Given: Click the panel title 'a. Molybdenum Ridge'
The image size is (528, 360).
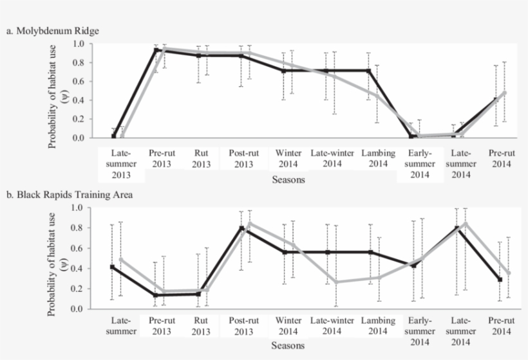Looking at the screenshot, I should pos(53,30).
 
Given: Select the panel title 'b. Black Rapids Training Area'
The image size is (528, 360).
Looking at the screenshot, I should pos(70,194).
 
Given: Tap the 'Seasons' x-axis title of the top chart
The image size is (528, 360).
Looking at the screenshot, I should pos(288,180).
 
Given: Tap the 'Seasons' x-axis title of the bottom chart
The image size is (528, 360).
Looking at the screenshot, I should pos(288,345).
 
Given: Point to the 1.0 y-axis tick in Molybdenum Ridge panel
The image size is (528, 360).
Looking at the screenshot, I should pos(78,44).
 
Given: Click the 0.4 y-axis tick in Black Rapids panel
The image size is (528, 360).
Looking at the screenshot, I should pos(78,269).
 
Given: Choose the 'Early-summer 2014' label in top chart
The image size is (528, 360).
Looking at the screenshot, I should pos(419,164).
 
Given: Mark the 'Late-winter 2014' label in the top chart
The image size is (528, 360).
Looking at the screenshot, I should pos(330,159).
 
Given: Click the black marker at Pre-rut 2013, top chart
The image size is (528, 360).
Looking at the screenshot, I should pos(156,50).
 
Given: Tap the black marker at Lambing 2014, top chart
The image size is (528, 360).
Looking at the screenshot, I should pos(369,71).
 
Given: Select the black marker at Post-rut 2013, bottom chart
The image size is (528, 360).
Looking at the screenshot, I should pos(241,228).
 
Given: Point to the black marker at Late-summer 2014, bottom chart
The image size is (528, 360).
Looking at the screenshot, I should pos(456,228).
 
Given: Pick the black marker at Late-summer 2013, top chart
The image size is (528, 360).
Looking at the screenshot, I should pos(113,136).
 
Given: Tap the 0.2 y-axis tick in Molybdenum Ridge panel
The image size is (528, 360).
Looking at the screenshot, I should pos(78,119).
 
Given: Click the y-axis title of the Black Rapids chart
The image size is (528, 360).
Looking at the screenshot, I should pos(57,259).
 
